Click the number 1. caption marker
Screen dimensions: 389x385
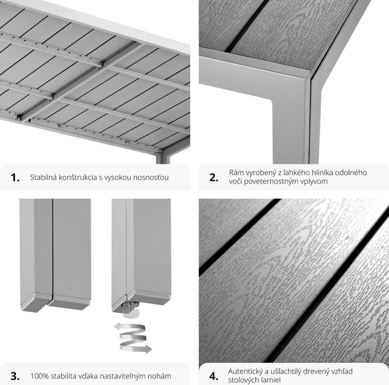tap(15, 177)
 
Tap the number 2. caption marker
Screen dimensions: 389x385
tap(214, 177)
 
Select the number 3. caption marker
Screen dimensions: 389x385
tap(15, 376)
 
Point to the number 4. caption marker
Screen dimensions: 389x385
tap(214, 376)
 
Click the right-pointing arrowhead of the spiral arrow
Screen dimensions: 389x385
tap(149, 349)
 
